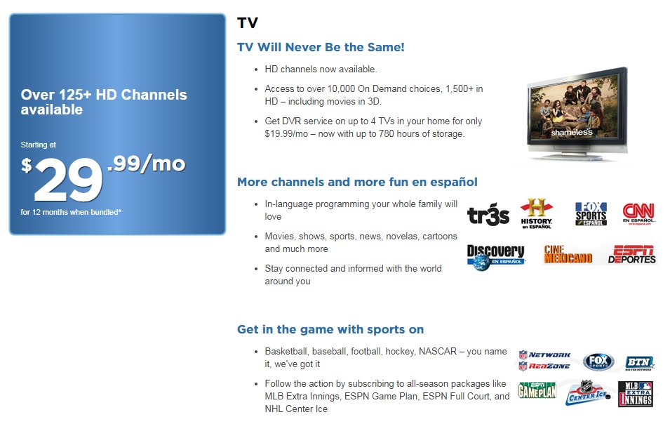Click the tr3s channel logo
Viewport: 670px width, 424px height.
[x=488, y=216]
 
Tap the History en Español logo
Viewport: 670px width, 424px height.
[x=536, y=213]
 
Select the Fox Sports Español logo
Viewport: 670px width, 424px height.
[x=590, y=213]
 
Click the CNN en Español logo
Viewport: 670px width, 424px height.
[x=639, y=213]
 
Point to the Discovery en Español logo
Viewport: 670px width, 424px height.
[x=496, y=256]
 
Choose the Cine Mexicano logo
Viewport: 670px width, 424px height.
[x=568, y=254]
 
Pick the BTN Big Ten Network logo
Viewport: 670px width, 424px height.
[x=639, y=362]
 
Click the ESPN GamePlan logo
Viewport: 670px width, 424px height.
[x=537, y=390]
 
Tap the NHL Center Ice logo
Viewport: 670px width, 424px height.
[x=588, y=393]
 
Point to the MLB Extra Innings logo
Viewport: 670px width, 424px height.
[x=635, y=394]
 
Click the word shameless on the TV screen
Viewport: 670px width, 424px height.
[x=571, y=132]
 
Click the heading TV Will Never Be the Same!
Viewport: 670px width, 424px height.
[x=321, y=47]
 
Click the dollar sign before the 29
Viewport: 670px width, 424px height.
[x=27, y=165]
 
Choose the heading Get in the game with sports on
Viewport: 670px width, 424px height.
[x=330, y=329]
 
